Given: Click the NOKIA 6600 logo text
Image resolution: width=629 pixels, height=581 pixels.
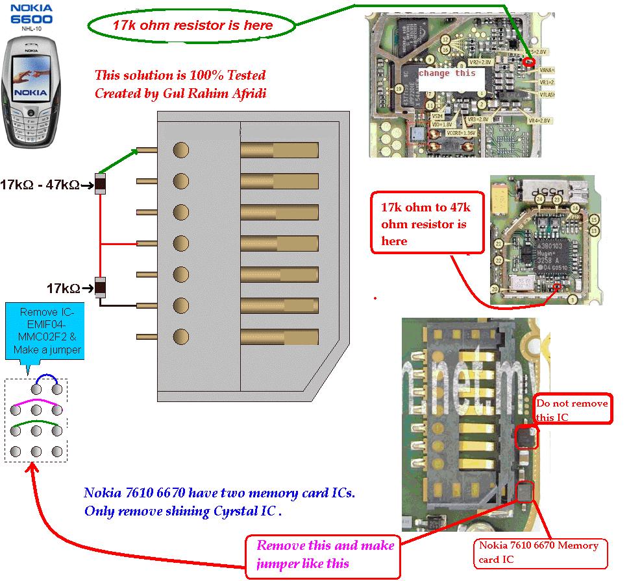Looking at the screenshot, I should [31, 14].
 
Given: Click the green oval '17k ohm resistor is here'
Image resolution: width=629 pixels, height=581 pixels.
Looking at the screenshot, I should [191, 25].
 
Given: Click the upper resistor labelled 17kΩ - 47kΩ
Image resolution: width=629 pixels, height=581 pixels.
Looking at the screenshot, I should [101, 185].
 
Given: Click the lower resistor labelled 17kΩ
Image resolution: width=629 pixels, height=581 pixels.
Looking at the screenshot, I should [101, 287].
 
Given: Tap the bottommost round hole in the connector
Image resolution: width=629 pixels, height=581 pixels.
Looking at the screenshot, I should [181, 337].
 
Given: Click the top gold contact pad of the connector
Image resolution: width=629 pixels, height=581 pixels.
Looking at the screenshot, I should [279, 150].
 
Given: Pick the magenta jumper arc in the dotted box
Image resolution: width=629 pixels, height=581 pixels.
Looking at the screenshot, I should [47, 403].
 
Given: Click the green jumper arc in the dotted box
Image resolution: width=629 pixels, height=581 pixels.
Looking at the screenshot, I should [47, 425].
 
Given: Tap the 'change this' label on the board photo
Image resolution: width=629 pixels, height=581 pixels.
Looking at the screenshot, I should [447, 73].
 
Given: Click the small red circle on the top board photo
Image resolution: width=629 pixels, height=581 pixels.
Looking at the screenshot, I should [530, 62].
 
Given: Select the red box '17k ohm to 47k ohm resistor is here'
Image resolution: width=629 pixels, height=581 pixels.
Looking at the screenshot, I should [427, 224].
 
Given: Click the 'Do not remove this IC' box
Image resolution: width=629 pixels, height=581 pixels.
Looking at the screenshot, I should [572, 410].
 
